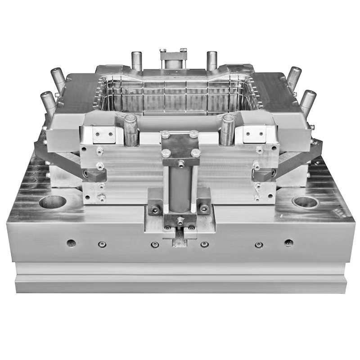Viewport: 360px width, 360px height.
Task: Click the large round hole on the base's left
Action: [52, 202]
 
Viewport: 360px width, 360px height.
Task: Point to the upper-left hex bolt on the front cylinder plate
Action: [165, 134]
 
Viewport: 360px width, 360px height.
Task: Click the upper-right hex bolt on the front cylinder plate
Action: [193, 134]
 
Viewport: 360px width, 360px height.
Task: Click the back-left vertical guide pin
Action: [137, 61]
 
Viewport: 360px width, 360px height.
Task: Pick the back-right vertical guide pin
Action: [212, 61]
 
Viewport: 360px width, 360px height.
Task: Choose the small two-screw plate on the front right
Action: [254, 134]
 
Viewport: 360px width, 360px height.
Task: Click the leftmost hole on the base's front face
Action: [71, 243]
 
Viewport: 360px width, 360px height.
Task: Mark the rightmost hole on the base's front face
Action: [288, 243]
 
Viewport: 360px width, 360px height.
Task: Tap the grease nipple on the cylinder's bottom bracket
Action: [180, 220]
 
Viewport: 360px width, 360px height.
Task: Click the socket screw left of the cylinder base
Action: [155, 209]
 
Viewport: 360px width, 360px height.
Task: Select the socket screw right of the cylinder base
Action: [204, 209]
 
